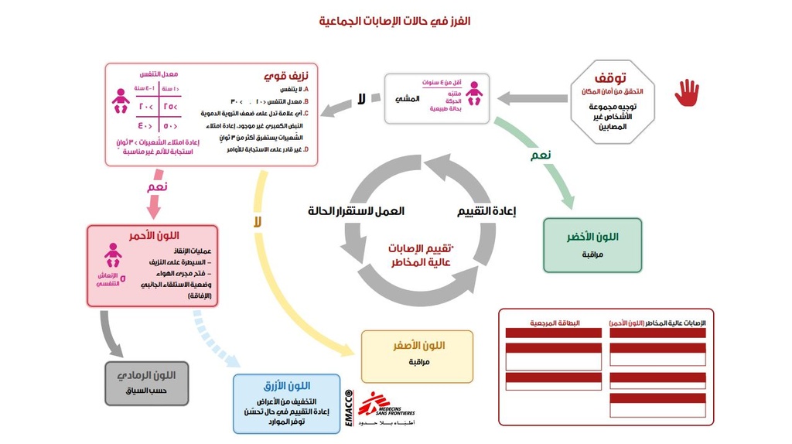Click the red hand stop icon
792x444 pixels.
coord(686,93)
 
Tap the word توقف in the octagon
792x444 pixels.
coord(610,78)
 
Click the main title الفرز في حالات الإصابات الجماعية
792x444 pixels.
coord(395,21)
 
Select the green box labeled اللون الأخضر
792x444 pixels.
coord(592,244)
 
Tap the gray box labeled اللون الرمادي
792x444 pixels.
coord(147,383)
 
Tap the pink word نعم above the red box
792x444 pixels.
coord(157,187)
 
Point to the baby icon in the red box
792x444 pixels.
coord(113,254)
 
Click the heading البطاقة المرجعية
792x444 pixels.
coord(551,322)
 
